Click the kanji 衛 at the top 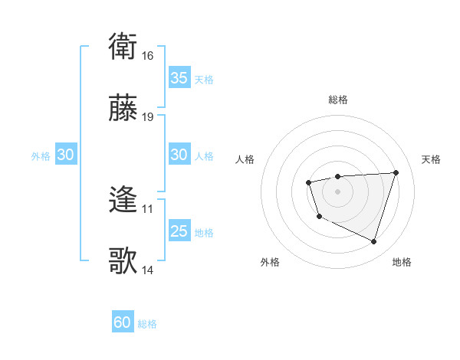pos(123,47)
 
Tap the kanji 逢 pos(123,201)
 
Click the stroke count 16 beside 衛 pos(148,56)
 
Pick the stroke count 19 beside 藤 pos(148,117)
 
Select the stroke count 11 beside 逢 pos(148,208)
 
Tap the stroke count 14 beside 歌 pos(148,270)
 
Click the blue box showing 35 pos(179,78)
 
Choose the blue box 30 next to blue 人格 pos(179,155)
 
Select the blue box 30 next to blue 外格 pos(66,155)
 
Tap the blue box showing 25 pos(179,231)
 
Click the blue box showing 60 pos(123,322)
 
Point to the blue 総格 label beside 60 pos(147,324)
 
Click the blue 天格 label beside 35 pos(204,79)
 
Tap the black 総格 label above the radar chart pos(337,100)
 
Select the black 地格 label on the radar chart pos(402,262)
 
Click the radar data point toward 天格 pos(396,172)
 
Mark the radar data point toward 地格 pos(373,242)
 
